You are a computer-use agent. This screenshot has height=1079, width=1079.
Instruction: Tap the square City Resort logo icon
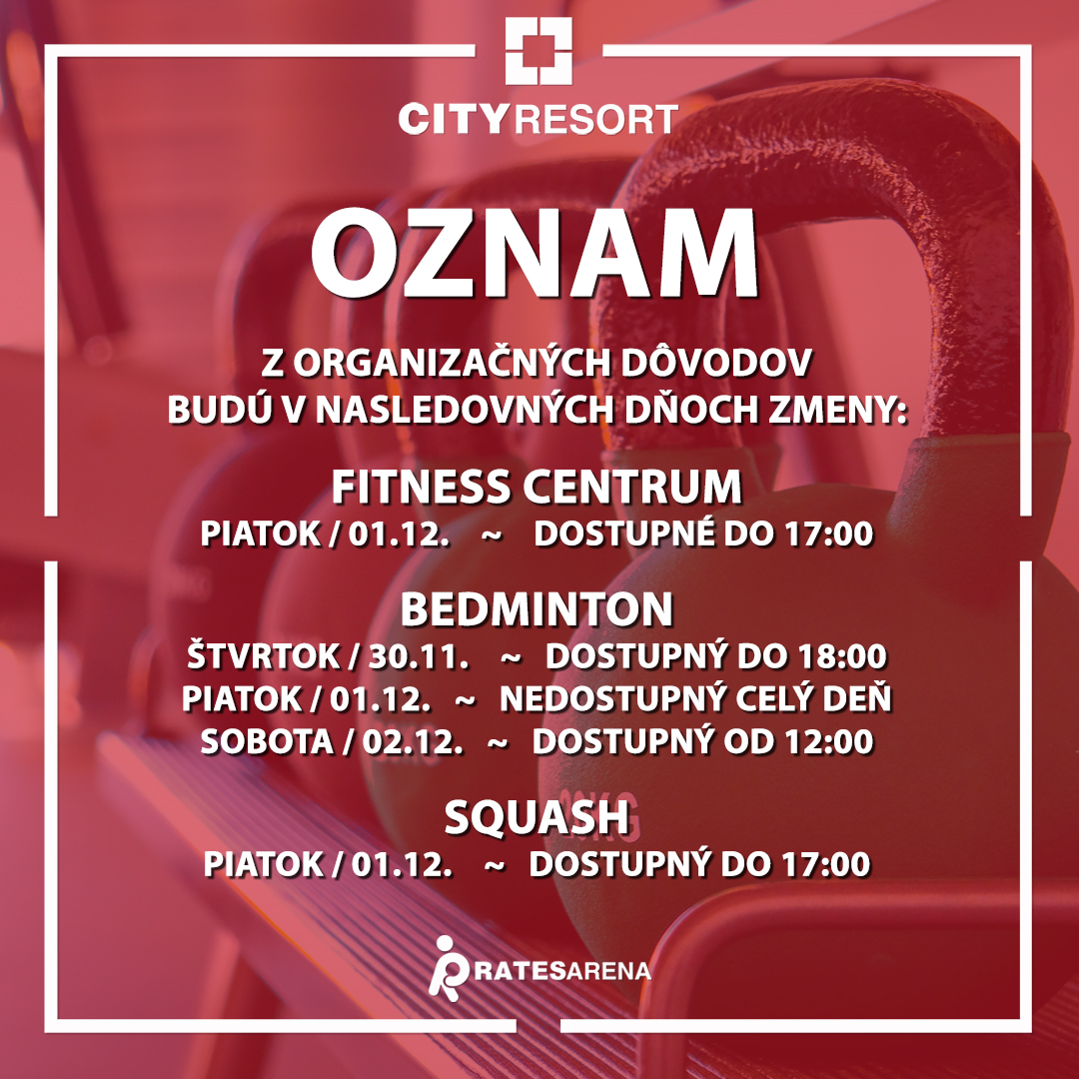(x=539, y=51)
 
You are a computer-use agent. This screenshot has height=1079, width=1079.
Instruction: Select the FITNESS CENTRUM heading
(x=537, y=487)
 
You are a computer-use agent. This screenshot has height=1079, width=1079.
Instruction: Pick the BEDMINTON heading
(x=537, y=609)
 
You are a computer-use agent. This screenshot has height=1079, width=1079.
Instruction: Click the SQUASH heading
(x=537, y=817)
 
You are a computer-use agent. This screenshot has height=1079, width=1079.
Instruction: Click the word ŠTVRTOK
(x=263, y=655)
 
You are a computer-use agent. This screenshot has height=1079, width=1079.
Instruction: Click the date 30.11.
(x=419, y=656)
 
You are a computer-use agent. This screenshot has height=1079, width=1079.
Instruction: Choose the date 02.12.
(x=413, y=741)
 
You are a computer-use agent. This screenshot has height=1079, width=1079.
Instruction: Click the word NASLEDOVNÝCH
(x=465, y=411)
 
